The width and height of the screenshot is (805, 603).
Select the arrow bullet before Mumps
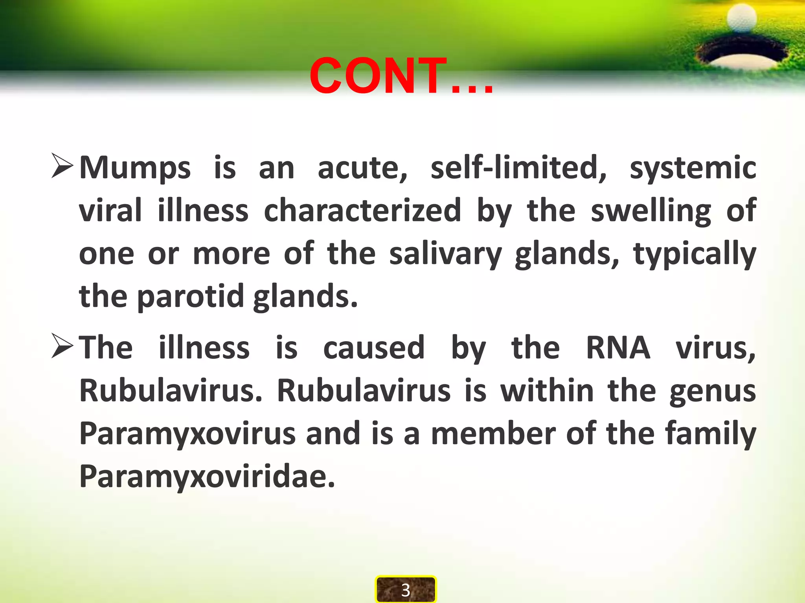click(x=62, y=166)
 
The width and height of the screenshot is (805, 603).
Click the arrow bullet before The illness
click(x=62, y=346)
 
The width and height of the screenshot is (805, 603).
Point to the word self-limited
click(x=518, y=168)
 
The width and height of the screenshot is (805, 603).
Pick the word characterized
click(x=362, y=210)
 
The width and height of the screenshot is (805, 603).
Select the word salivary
click(x=445, y=254)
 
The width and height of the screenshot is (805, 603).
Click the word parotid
click(x=190, y=297)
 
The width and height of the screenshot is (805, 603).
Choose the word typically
click(x=695, y=254)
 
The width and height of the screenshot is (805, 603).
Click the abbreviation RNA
click(x=618, y=348)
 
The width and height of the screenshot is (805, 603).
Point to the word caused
click(x=374, y=348)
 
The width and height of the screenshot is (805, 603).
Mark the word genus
click(x=713, y=392)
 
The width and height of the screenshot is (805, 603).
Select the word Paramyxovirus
click(x=187, y=434)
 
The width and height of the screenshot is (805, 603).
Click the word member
click(x=493, y=433)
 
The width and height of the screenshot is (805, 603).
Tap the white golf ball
click(x=741, y=18)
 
